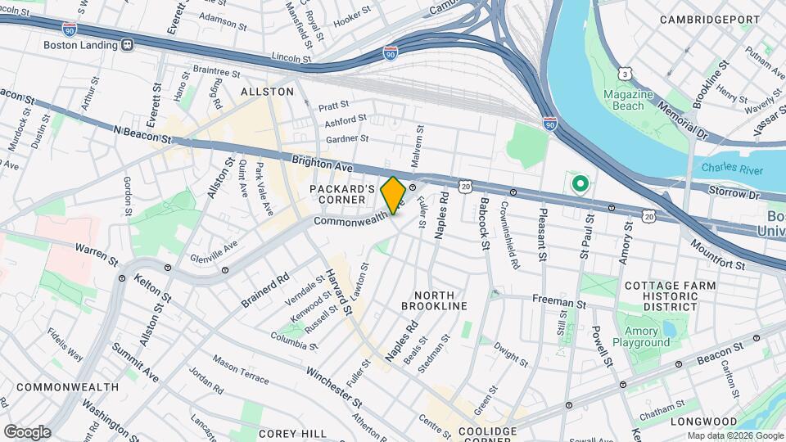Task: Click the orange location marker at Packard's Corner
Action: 393,195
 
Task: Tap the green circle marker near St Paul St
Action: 580,184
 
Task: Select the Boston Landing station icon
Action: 127,46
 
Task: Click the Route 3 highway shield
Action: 625,74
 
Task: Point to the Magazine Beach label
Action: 628,101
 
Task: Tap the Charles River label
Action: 731,169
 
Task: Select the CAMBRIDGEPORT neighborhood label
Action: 711,19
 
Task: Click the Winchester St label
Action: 334,387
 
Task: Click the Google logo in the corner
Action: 26,431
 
